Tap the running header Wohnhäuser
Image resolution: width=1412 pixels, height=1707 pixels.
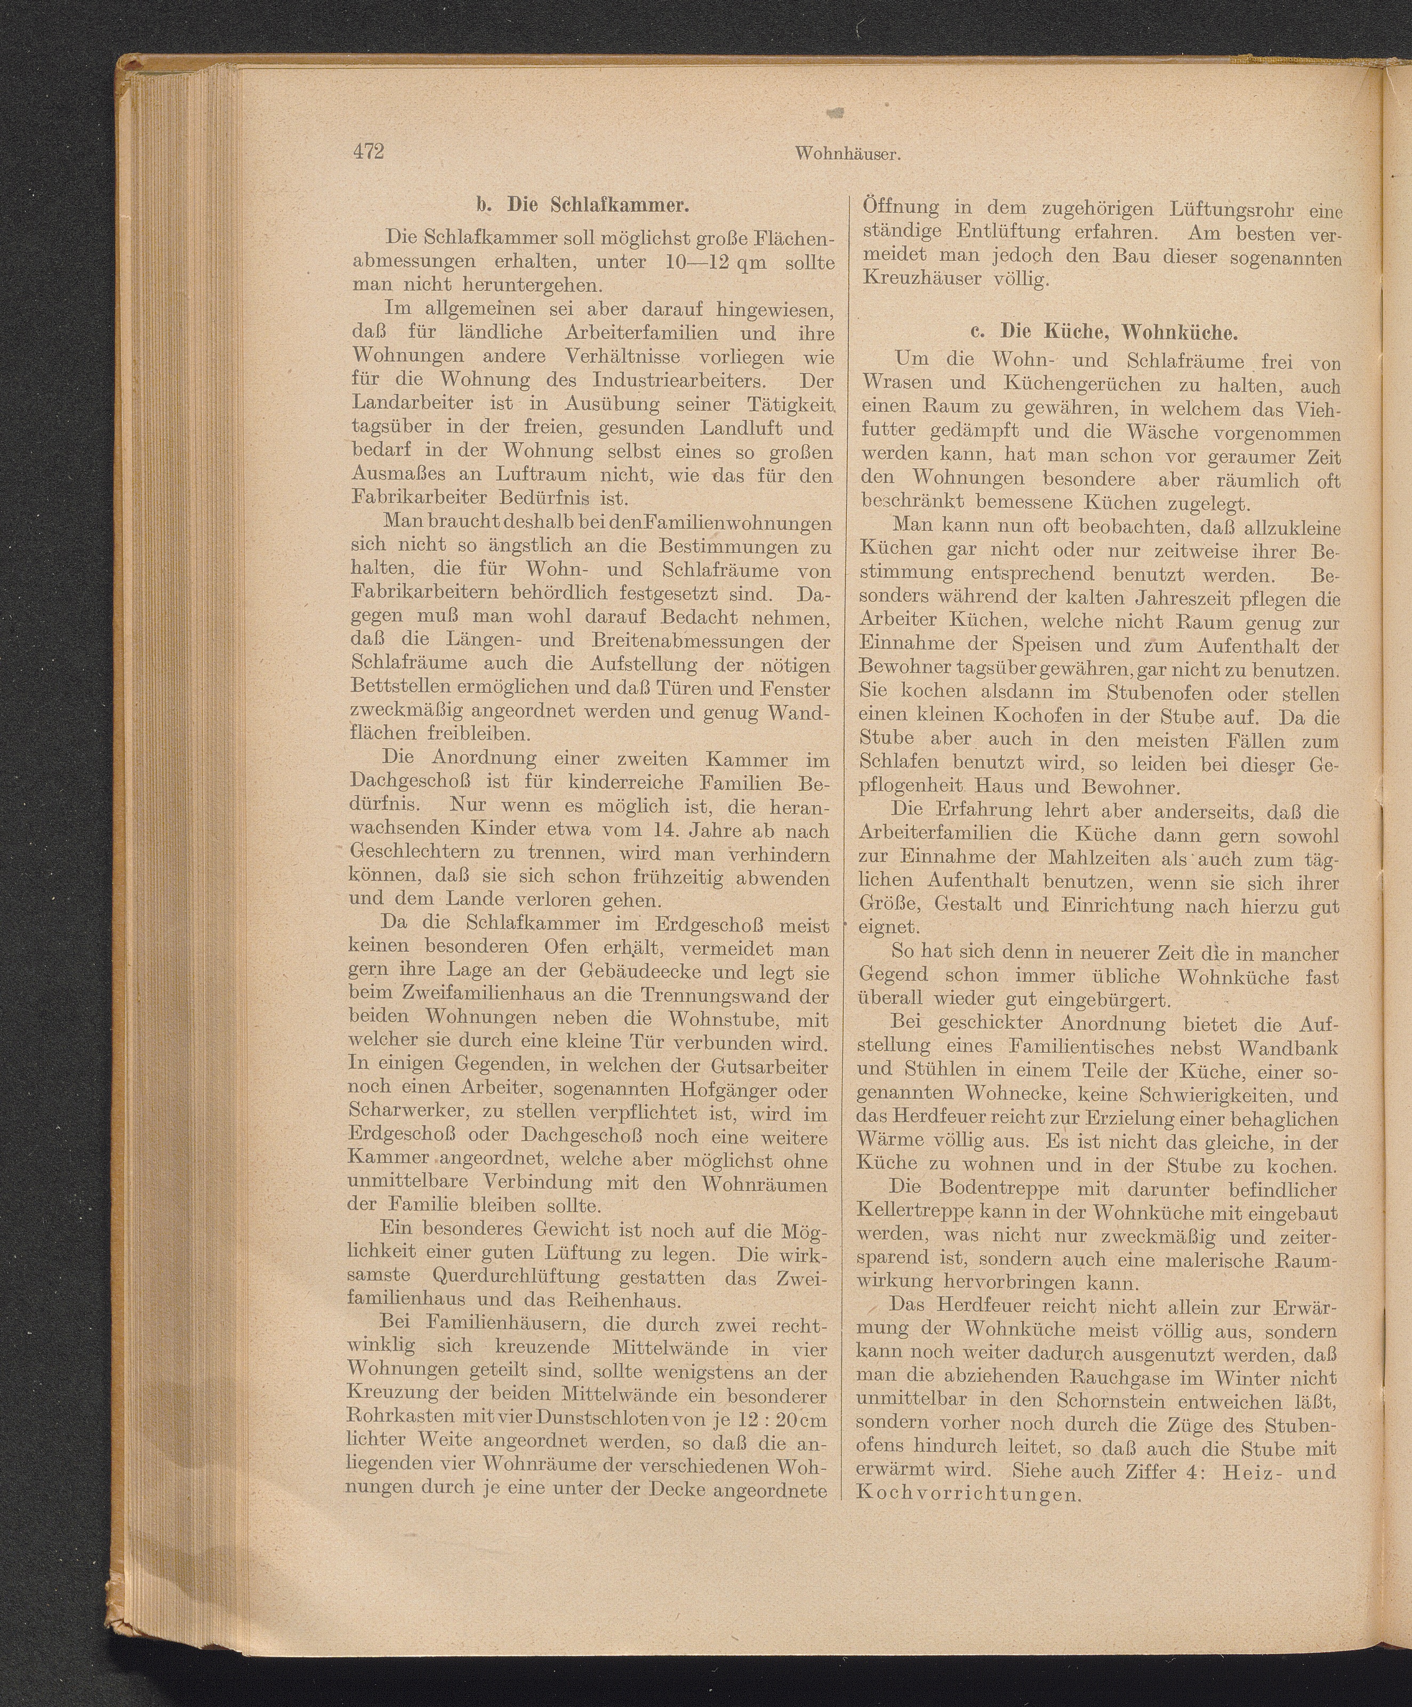(851, 153)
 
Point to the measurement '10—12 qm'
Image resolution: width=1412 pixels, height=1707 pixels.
(708, 262)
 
